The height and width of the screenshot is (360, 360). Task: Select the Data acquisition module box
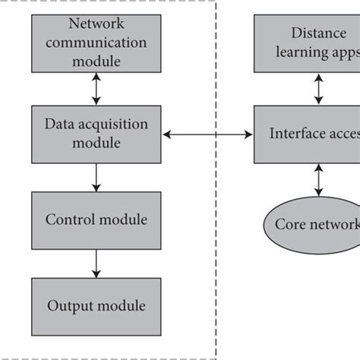(x=96, y=134)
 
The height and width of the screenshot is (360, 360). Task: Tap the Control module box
(x=96, y=220)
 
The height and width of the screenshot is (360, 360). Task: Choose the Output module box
(x=96, y=305)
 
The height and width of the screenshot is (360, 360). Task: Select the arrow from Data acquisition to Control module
(x=96, y=177)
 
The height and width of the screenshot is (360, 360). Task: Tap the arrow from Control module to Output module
(x=96, y=263)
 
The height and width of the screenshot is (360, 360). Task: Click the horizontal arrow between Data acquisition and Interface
(x=208, y=135)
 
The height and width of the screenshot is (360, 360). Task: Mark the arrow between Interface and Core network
(x=318, y=181)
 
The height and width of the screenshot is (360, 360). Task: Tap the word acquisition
(x=118, y=125)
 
